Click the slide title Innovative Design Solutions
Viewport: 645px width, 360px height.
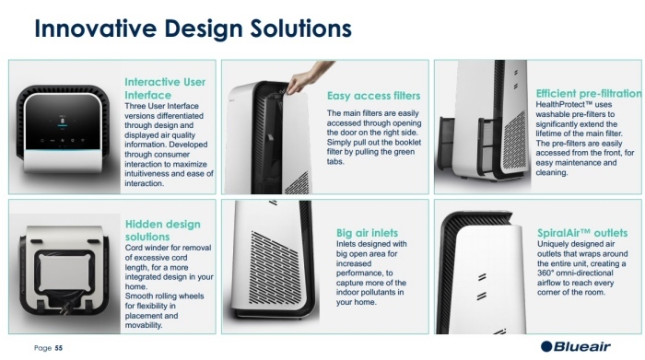click(193, 29)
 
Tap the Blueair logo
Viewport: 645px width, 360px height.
click(576, 346)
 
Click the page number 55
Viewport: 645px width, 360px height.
click(59, 348)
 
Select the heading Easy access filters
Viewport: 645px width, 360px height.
click(373, 96)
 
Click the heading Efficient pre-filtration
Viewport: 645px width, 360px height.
click(588, 94)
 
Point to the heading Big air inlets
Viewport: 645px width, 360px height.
click(367, 233)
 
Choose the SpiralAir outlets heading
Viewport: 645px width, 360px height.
click(582, 233)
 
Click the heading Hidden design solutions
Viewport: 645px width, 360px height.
click(162, 230)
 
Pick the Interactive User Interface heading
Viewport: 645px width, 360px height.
click(165, 88)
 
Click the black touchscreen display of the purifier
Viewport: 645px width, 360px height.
click(62, 122)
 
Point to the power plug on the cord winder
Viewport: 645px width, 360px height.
click(66, 308)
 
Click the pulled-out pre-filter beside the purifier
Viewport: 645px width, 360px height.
click(447, 145)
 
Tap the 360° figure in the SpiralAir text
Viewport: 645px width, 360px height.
click(545, 273)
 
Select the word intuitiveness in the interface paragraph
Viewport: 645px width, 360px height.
click(146, 173)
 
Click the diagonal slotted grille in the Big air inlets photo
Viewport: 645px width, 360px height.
click(273, 267)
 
